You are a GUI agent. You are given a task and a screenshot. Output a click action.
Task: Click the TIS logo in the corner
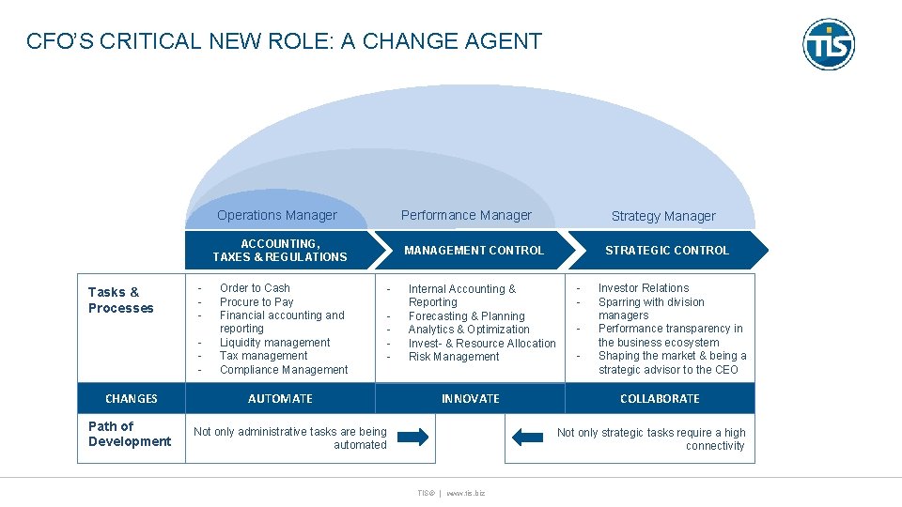click(828, 44)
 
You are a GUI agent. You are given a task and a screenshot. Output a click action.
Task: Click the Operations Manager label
click(276, 215)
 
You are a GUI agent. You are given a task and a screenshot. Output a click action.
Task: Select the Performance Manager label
click(466, 215)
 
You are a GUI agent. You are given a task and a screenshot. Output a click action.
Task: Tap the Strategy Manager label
click(663, 216)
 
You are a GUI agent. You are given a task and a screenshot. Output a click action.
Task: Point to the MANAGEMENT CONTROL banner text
click(474, 251)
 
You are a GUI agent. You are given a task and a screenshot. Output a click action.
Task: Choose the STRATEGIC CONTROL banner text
click(667, 251)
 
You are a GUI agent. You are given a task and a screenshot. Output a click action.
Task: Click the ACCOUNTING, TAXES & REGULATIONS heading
click(280, 251)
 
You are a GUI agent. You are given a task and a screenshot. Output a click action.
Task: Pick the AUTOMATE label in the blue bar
click(280, 399)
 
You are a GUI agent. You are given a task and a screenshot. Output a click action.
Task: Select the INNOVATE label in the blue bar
click(471, 399)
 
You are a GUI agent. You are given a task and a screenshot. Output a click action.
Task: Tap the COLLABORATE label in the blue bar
click(660, 399)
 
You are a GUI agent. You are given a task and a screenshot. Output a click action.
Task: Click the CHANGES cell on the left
click(132, 399)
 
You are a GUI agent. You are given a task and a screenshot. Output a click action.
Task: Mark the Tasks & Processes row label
click(121, 300)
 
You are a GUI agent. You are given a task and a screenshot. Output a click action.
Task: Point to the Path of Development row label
click(130, 434)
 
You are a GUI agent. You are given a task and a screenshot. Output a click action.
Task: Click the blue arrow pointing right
click(412, 438)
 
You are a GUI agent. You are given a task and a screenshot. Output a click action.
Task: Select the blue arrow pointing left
click(528, 438)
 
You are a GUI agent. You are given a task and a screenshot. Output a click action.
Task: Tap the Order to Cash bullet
click(255, 288)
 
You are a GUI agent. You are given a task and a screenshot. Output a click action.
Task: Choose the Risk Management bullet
click(454, 357)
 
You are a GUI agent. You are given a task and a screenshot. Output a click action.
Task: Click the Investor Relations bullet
click(644, 288)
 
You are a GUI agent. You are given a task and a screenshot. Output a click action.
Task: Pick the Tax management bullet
click(263, 356)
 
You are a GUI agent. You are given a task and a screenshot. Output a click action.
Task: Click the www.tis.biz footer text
click(466, 492)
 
